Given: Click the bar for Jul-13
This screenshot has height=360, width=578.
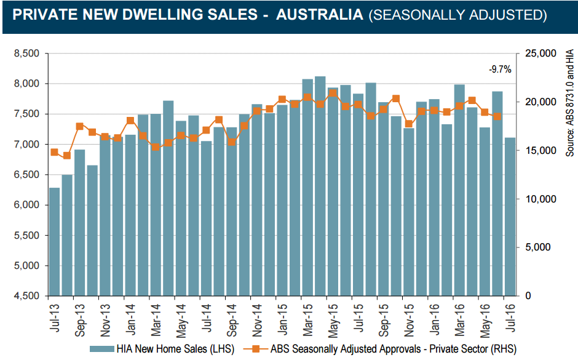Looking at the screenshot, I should click(x=54, y=242).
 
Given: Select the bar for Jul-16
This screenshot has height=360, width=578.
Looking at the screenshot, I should click(x=510, y=217).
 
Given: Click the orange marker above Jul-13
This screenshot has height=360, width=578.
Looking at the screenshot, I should click(x=54, y=152).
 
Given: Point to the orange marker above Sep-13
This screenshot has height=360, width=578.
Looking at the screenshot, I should click(x=79, y=126).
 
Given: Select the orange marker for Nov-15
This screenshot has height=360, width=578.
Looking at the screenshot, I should click(x=408, y=124).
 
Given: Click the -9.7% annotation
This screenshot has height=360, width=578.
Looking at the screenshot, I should click(x=500, y=70).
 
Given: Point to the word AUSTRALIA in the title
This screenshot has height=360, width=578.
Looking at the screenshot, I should click(x=319, y=15).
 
